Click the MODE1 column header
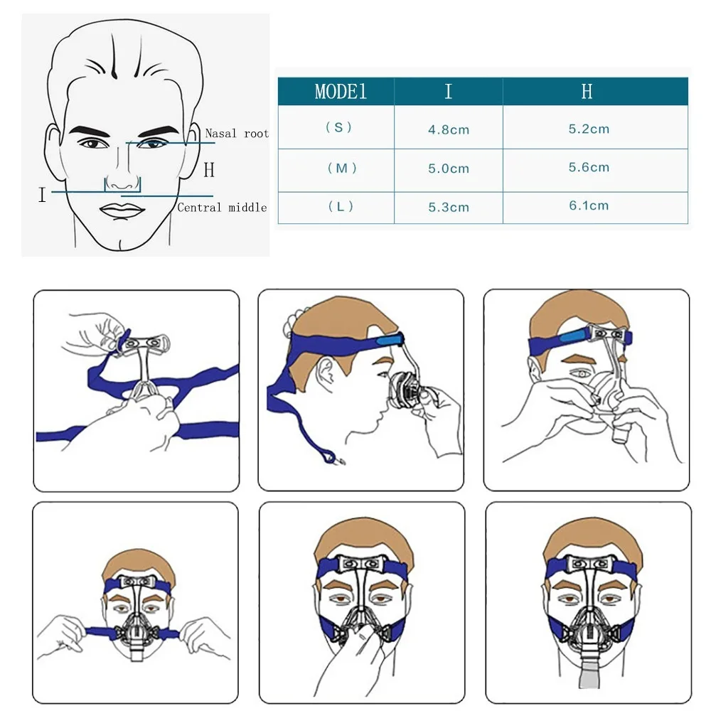pos(340,92)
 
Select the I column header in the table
pos(448,92)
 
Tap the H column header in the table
pos(587,92)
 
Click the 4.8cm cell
pos(449,130)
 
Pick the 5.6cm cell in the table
pos(589,168)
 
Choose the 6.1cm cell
pos(589,206)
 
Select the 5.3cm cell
pos(449,208)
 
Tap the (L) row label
pos(340,207)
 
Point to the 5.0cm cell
pos(449,169)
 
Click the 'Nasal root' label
pos(237,133)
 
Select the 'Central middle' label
pos(222,208)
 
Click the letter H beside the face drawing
pos(208,171)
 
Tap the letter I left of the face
pos(42,195)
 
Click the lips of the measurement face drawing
pos(122,211)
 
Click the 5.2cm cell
pos(589,129)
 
